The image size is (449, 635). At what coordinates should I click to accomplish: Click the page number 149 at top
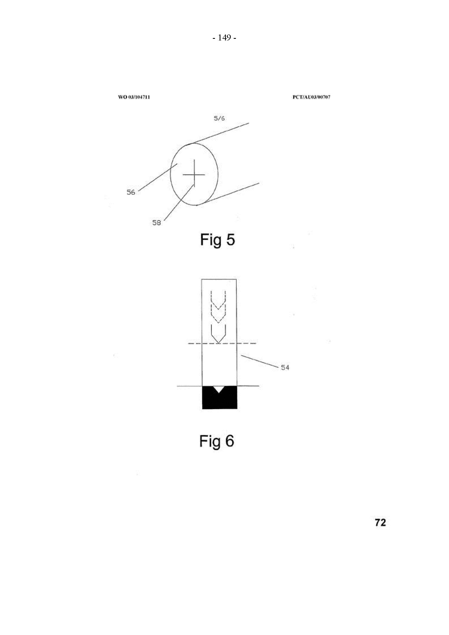pos(224,38)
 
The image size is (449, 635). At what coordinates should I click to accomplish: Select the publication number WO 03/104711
pos(134,97)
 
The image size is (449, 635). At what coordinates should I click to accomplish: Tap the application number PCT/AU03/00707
pos(311,97)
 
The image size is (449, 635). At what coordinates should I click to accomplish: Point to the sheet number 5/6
pos(219,118)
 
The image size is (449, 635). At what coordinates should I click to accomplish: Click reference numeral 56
pos(131,192)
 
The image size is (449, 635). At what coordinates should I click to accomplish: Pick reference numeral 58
pos(157,223)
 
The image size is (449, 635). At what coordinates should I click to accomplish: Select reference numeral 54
pos(285,368)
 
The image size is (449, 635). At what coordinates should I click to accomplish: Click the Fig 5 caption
pos(217,240)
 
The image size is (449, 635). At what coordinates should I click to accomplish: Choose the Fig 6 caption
pos(217,441)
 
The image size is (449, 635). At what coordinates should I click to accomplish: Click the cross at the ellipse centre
pos(194,175)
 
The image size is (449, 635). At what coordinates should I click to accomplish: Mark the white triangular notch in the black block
pos(219,388)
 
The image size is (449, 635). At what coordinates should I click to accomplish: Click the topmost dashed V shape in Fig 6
pos(219,301)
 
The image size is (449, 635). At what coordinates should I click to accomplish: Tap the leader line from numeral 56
pos(158,177)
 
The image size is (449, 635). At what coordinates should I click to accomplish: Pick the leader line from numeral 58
pos(179,202)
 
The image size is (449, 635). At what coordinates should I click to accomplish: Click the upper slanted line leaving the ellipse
pos(218,134)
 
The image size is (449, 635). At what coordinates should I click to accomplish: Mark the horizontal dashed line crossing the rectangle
pos(222,343)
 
